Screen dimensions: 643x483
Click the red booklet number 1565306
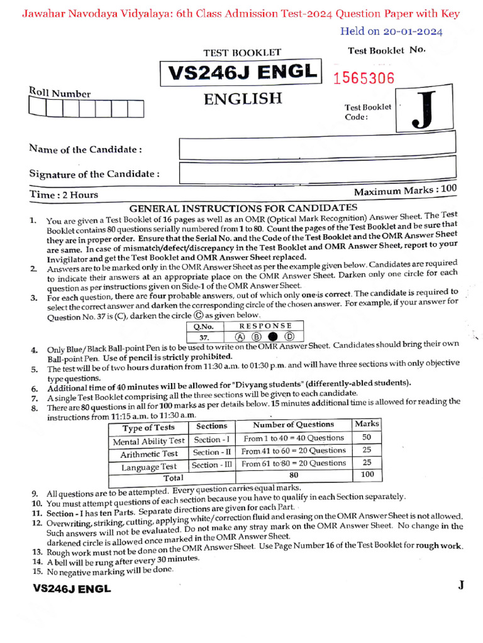(x=364, y=78)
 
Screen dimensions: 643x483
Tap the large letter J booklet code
(x=426, y=112)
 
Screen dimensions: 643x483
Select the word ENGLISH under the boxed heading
(x=242, y=99)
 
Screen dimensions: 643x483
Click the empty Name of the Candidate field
(x=317, y=149)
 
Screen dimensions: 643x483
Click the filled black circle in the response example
(x=272, y=337)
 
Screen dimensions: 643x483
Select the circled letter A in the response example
(x=240, y=337)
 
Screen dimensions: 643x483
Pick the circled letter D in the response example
(x=289, y=337)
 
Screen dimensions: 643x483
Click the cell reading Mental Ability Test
(x=148, y=441)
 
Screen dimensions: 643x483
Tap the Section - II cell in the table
(x=212, y=452)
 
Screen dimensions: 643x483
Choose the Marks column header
(x=367, y=424)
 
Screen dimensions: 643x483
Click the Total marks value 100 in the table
(x=367, y=475)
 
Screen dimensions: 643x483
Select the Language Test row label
(x=148, y=467)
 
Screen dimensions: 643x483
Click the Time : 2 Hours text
(x=64, y=195)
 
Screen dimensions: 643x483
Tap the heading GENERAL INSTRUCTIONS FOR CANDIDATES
(x=243, y=208)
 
